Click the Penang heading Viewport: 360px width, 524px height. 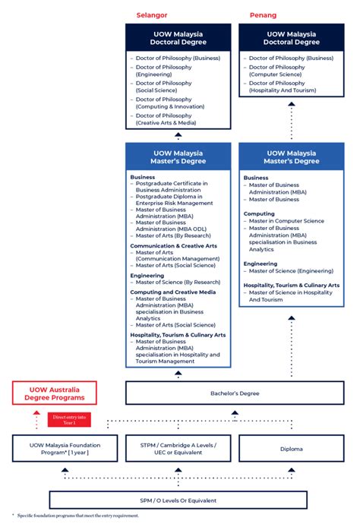[263, 14]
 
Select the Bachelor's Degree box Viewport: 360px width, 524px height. [235, 393]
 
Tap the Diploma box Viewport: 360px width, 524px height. [291, 449]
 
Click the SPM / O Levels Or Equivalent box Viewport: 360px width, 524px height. [178, 500]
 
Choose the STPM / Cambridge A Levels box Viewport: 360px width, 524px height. [178, 449]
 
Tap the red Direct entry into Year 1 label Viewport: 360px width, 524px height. [70, 418]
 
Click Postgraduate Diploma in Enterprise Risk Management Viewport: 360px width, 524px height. [174, 200]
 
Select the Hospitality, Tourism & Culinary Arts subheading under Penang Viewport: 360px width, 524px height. [292, 285]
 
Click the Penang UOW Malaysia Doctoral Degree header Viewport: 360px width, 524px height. [291, 38]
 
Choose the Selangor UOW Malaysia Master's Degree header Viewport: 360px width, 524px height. [178, 156]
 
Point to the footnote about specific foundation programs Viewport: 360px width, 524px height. [76, 516]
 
